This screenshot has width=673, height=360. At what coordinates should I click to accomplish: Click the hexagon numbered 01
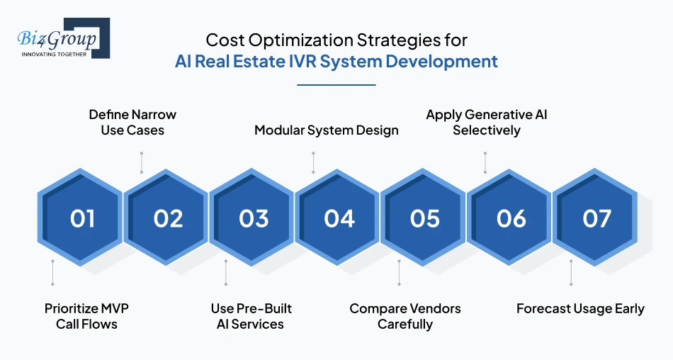(x=82, y=218)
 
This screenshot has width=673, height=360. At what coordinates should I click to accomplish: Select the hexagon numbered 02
(x=168, y=218)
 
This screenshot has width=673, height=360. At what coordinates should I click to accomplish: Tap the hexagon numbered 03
(x=254, y=218)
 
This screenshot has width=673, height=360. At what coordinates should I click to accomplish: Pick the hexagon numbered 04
(x=339, y=218)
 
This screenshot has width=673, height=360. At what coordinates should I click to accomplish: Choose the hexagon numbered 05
(x=425, y=218)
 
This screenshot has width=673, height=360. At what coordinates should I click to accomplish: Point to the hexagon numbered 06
(x=511, y=218)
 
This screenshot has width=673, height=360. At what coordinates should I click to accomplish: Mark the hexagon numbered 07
(x=596, y=218)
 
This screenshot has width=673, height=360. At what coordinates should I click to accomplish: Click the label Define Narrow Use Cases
(x=132, y=122)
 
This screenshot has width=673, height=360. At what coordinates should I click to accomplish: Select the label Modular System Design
(x=327, y=130)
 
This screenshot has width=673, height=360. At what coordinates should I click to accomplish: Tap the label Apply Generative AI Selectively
(x=487, y=122)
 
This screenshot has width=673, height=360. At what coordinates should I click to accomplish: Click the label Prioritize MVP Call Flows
(x=86, y=316)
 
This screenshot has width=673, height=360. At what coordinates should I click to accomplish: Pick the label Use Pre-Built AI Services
(x=251, y=316)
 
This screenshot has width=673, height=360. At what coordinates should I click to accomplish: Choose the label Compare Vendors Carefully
(x=405, y=316)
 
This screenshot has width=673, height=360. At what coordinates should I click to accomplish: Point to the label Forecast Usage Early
(x=580, y=308)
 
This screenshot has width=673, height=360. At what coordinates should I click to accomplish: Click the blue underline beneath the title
(x=336, y=85)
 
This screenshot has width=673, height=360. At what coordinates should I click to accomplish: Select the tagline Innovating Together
(x=54, y=54)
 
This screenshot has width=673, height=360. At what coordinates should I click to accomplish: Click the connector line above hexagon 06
(x=485, y=162)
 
